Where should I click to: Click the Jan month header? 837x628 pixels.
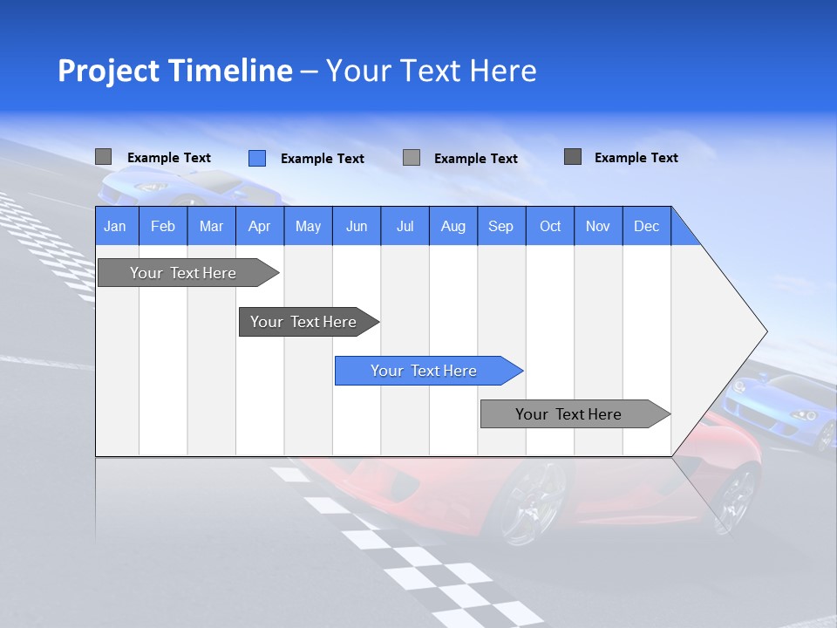point(115,226)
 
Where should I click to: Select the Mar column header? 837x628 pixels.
point(211,226)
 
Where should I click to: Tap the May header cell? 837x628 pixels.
point(308,226)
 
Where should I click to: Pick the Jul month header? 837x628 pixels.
point(405,226)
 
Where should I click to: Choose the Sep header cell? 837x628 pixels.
point(500,226)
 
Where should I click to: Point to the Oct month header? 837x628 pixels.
point(550,226)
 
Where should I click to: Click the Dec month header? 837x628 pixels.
point(646,226)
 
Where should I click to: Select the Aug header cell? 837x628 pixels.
point(453,226)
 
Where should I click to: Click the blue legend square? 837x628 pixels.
point(257,158)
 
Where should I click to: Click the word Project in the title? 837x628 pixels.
point(106,71)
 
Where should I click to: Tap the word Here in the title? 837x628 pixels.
point(503,71)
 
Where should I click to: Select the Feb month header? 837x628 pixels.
point(163,226)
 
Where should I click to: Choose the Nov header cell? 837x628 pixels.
point(598,226)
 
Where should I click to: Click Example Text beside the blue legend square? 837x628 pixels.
point(322,159)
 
